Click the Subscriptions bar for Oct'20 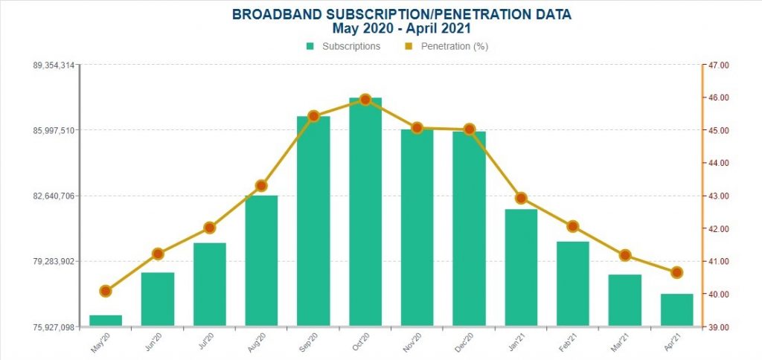365,212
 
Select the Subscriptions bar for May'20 106,321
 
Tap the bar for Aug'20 261,260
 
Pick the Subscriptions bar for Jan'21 521,268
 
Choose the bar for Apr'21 676,309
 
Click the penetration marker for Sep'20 313,116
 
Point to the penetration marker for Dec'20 469,129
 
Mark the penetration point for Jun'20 158,254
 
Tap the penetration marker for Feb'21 572,226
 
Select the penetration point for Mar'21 625,255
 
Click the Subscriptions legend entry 344,46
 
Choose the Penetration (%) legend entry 446,46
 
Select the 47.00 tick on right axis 719,65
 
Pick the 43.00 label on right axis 719,196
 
